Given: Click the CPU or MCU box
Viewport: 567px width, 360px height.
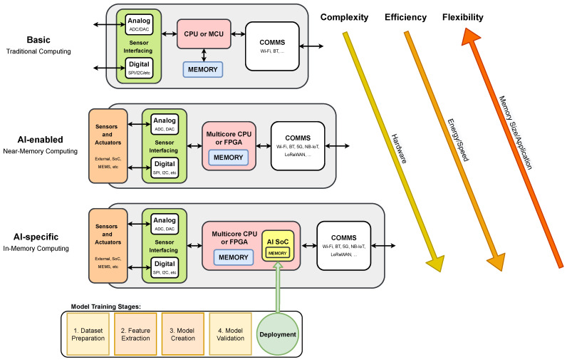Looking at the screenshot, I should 204,34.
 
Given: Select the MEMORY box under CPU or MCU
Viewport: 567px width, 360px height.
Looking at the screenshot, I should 203,69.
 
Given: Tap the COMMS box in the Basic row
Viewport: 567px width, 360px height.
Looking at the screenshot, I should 272,46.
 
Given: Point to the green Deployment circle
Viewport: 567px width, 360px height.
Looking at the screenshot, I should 277,334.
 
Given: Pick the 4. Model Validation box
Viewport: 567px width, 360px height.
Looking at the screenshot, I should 229,334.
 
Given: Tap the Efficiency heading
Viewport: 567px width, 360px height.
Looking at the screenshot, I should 405,17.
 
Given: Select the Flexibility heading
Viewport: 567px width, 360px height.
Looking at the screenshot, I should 462,17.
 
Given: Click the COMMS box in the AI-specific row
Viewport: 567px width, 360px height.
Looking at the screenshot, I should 344,245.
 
